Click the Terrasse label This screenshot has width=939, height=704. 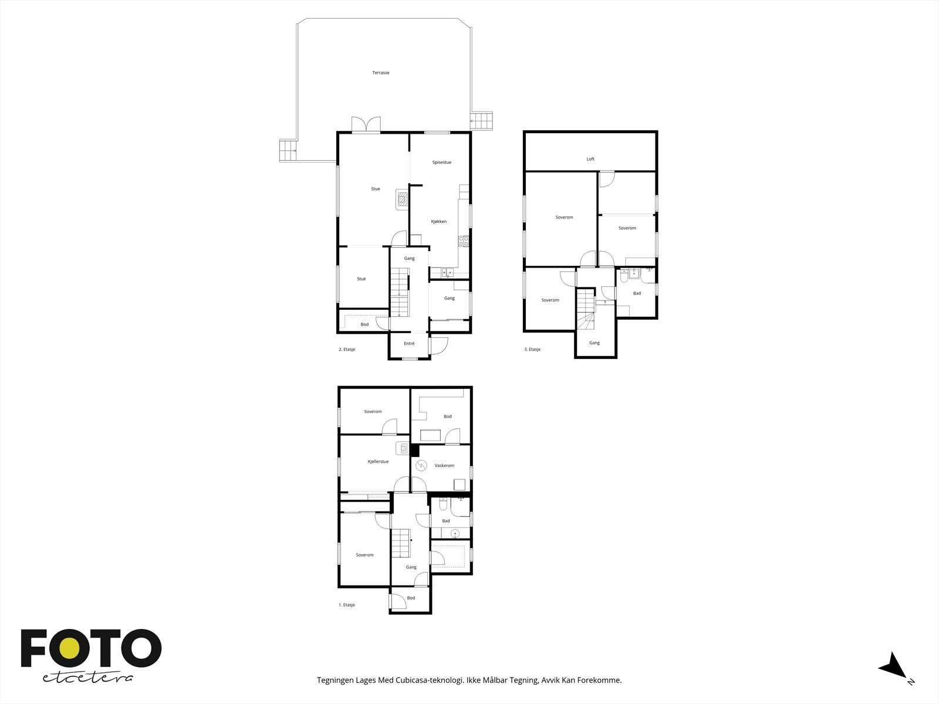click(x=380, y=73)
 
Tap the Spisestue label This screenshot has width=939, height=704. click(x=441, y=163)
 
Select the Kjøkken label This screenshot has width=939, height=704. click(x=438, y=222)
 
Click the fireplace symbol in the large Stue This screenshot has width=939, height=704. click(x=402, y=199)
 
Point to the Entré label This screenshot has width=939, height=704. click(x=409, y=344)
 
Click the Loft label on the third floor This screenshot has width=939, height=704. click(x=590, y=159)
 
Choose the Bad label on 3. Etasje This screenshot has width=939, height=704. click(x=637, y=293)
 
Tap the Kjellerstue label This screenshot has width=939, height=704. click(x=378, y=462)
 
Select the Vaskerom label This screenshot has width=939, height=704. click(x=444, y=466)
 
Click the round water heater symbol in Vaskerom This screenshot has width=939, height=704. click(x=421, y=466)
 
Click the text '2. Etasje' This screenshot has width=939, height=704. click(x=347, y=350)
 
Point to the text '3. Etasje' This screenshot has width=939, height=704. click(x=532, y=350)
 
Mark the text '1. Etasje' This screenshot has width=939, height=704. click(x=347, y=605)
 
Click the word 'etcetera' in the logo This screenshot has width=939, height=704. click(x=87, y=678)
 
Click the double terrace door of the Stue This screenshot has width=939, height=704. click(x=366, y=125)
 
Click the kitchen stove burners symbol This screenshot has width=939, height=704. click(x=464, y=240)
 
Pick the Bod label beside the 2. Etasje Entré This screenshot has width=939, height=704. click(x=364, y=324)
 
